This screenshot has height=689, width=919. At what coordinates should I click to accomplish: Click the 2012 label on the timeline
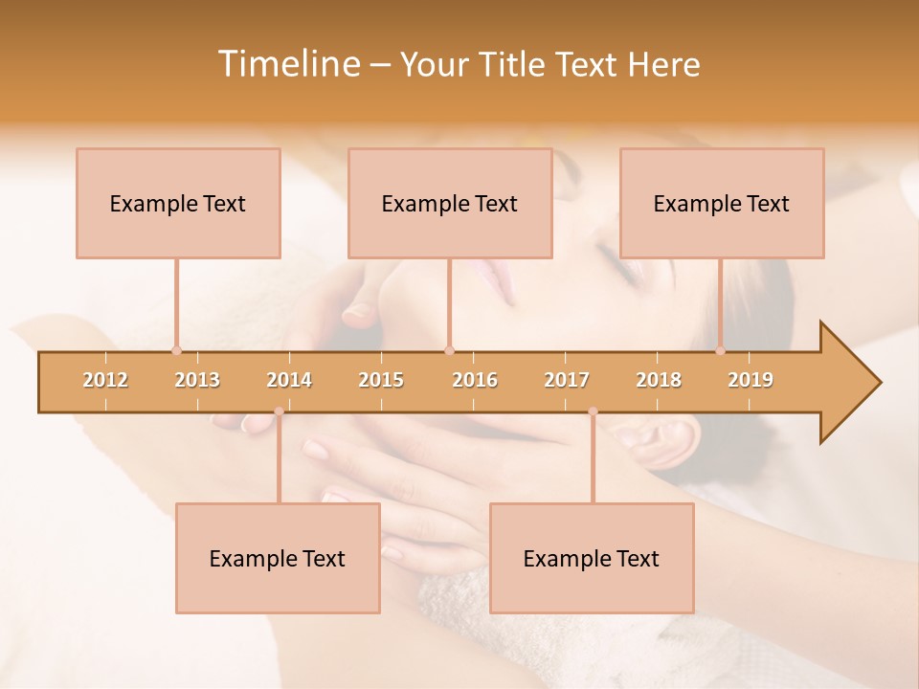105,380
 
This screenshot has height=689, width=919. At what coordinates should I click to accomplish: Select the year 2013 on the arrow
197,380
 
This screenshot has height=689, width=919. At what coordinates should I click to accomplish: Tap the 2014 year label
289,380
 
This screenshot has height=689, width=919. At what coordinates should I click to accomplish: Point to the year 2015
381,380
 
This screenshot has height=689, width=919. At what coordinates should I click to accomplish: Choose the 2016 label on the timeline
475,380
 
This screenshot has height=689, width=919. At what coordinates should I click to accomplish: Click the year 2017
567,380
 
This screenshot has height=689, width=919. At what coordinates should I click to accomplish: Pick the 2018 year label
659,380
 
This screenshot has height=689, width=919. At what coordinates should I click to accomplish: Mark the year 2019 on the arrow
751,380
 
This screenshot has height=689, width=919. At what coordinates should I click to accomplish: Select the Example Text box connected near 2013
178,203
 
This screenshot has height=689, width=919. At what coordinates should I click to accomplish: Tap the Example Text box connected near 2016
450,203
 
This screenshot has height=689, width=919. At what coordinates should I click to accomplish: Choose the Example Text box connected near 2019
722,203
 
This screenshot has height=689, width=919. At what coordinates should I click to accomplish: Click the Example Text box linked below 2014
278,558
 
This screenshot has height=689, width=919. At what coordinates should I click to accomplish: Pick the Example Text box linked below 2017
592,558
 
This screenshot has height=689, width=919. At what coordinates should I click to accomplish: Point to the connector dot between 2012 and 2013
176,350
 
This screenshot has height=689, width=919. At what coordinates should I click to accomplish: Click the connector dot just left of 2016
449,350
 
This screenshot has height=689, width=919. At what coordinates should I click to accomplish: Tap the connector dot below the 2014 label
279,411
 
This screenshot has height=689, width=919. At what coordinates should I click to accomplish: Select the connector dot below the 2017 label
593,411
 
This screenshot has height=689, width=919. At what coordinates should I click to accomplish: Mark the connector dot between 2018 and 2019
721,350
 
